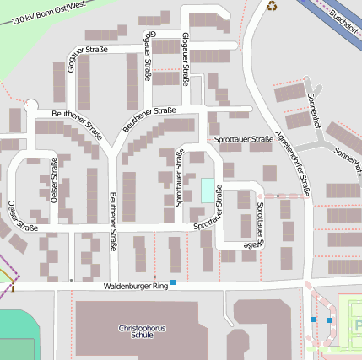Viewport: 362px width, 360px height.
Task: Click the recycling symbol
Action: (x=272, y=6)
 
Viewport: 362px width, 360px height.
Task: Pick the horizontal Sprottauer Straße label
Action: (x=243, y=139)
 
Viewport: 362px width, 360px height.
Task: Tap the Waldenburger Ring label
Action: (x=136, y=287)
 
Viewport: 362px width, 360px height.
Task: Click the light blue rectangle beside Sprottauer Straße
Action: (x=207, y=190)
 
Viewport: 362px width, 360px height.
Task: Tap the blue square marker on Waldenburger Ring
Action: (x=173, y=282)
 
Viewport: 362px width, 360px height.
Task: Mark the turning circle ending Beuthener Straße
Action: (x=31, y=105)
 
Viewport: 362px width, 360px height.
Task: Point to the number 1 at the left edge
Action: (x=13, y=288)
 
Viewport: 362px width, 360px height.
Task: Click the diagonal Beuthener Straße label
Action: (x=149, y=119)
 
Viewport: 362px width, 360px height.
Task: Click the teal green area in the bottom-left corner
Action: (x=17, y=333)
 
